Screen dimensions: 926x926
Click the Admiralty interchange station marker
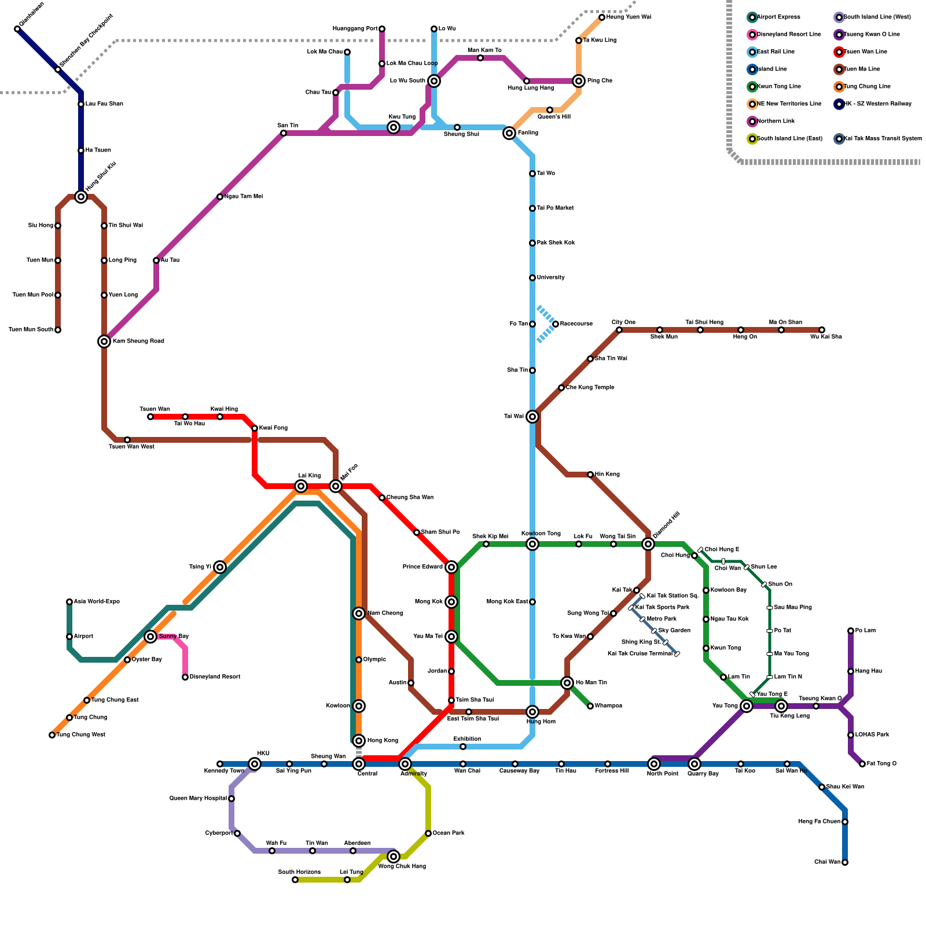[405, 764]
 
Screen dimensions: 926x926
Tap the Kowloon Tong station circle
[532, 544]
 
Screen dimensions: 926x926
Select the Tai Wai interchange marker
[532, 417]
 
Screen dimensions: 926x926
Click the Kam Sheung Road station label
[138, 341]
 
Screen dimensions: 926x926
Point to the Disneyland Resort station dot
[185, 677]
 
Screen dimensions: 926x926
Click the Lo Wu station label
[447, 28]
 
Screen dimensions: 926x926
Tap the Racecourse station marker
[556, 324]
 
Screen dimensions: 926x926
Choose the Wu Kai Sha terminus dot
[822, 330]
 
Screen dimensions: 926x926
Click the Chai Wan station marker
[845, 862]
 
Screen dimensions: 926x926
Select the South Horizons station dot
[295, 880]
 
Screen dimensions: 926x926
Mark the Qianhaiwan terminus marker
[17, 29]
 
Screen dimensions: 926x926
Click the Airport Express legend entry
[778, 17]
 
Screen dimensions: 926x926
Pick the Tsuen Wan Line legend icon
[839, 52]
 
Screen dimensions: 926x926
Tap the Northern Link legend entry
[776, 122]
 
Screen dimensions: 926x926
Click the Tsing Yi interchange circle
[220, 567]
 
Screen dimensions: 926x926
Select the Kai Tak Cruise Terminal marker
[677, 654]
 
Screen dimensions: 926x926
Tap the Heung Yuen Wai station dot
[602, 17]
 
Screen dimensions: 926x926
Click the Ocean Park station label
[449, 833]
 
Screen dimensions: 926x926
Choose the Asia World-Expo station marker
[69, 602]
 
